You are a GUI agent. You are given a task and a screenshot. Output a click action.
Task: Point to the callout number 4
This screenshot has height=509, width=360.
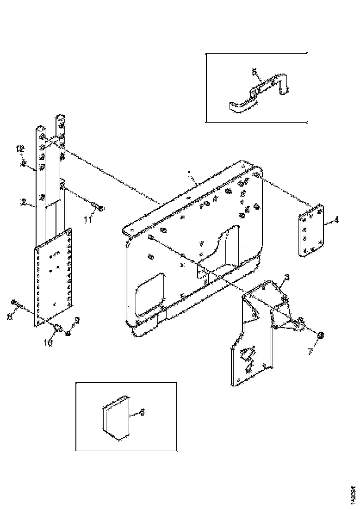(336, 220)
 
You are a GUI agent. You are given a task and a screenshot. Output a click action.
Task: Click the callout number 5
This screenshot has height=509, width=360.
(254, 72)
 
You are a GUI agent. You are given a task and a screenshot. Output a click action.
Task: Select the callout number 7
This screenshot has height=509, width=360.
(310, 352)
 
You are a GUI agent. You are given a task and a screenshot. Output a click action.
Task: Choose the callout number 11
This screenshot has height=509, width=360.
(87, 220)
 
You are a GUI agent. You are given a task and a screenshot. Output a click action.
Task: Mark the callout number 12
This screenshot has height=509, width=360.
(20, 149)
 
